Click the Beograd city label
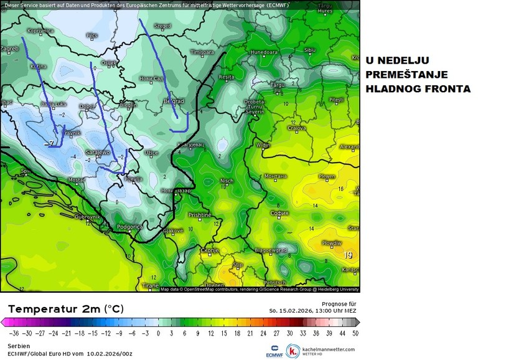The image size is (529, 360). click(174, 101)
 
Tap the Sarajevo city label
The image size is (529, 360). click(97, 152)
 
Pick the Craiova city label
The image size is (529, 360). click(296, 128)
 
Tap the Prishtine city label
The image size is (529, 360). click(200, 215)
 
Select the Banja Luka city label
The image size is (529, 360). click(54, 104)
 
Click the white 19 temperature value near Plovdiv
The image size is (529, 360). click(349, 255)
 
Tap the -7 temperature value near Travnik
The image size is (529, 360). click(51, 144)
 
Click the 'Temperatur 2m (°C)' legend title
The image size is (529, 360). click(65, 309)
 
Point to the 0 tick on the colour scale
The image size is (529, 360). click(158, 333)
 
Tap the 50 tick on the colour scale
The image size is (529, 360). click(355, 333)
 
